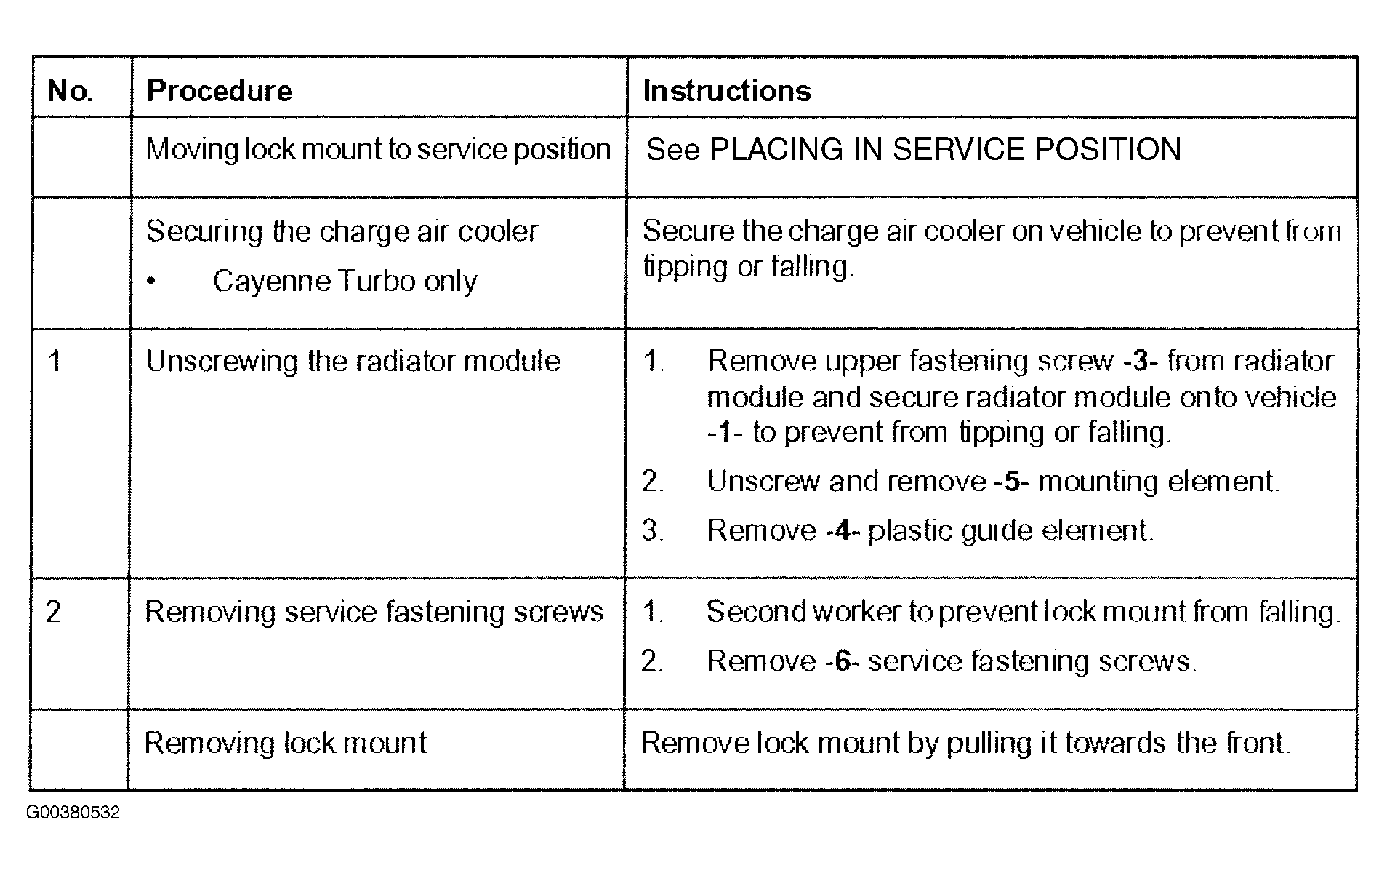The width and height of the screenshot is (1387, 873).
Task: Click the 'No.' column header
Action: click(x=71, y=91)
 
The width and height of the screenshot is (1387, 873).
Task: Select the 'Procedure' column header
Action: click(x=220, y=91)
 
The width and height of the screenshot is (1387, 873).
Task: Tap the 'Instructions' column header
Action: click(x=727, y=91)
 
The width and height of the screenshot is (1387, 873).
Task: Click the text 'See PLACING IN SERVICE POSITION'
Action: click(x=914, y=150)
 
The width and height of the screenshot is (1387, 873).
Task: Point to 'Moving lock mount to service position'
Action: click(x=378, y=150)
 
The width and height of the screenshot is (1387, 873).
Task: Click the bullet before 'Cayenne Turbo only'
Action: click(x=150, y=282)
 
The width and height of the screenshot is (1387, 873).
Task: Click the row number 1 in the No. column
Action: click(x=55, y=361)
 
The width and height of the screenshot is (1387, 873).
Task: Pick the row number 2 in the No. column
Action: click(x=54, y=612)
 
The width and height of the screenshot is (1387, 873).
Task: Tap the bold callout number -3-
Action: click(x=1141, y=361)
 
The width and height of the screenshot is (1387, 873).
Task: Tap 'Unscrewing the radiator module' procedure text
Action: click(x=353, y=362)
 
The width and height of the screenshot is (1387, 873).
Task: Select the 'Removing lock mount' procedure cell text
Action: click(x=286, y=743)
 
